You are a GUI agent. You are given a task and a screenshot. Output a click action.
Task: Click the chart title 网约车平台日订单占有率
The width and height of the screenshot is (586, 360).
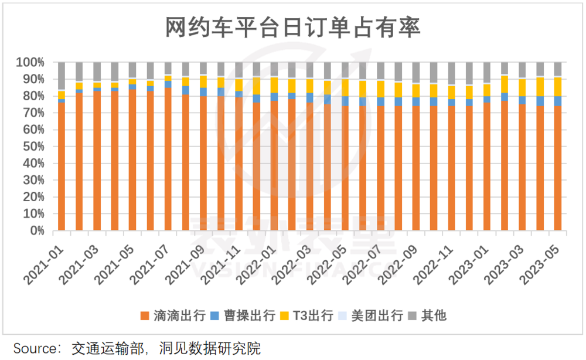[292, 27]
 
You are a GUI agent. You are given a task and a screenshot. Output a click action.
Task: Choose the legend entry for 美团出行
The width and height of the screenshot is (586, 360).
[371, 315]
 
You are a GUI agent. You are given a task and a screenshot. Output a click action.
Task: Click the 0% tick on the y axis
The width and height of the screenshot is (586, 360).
[36, 231]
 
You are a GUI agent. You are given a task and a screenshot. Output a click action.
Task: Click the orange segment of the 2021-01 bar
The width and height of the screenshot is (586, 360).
[62, 167]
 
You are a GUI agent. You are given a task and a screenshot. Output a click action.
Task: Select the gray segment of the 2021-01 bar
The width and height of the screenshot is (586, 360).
[62, 76]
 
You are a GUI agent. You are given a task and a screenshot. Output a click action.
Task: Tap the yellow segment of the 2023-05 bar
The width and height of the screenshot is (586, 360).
[557, 86]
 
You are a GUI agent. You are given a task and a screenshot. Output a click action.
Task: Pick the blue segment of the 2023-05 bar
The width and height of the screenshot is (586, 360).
[557, 101]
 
